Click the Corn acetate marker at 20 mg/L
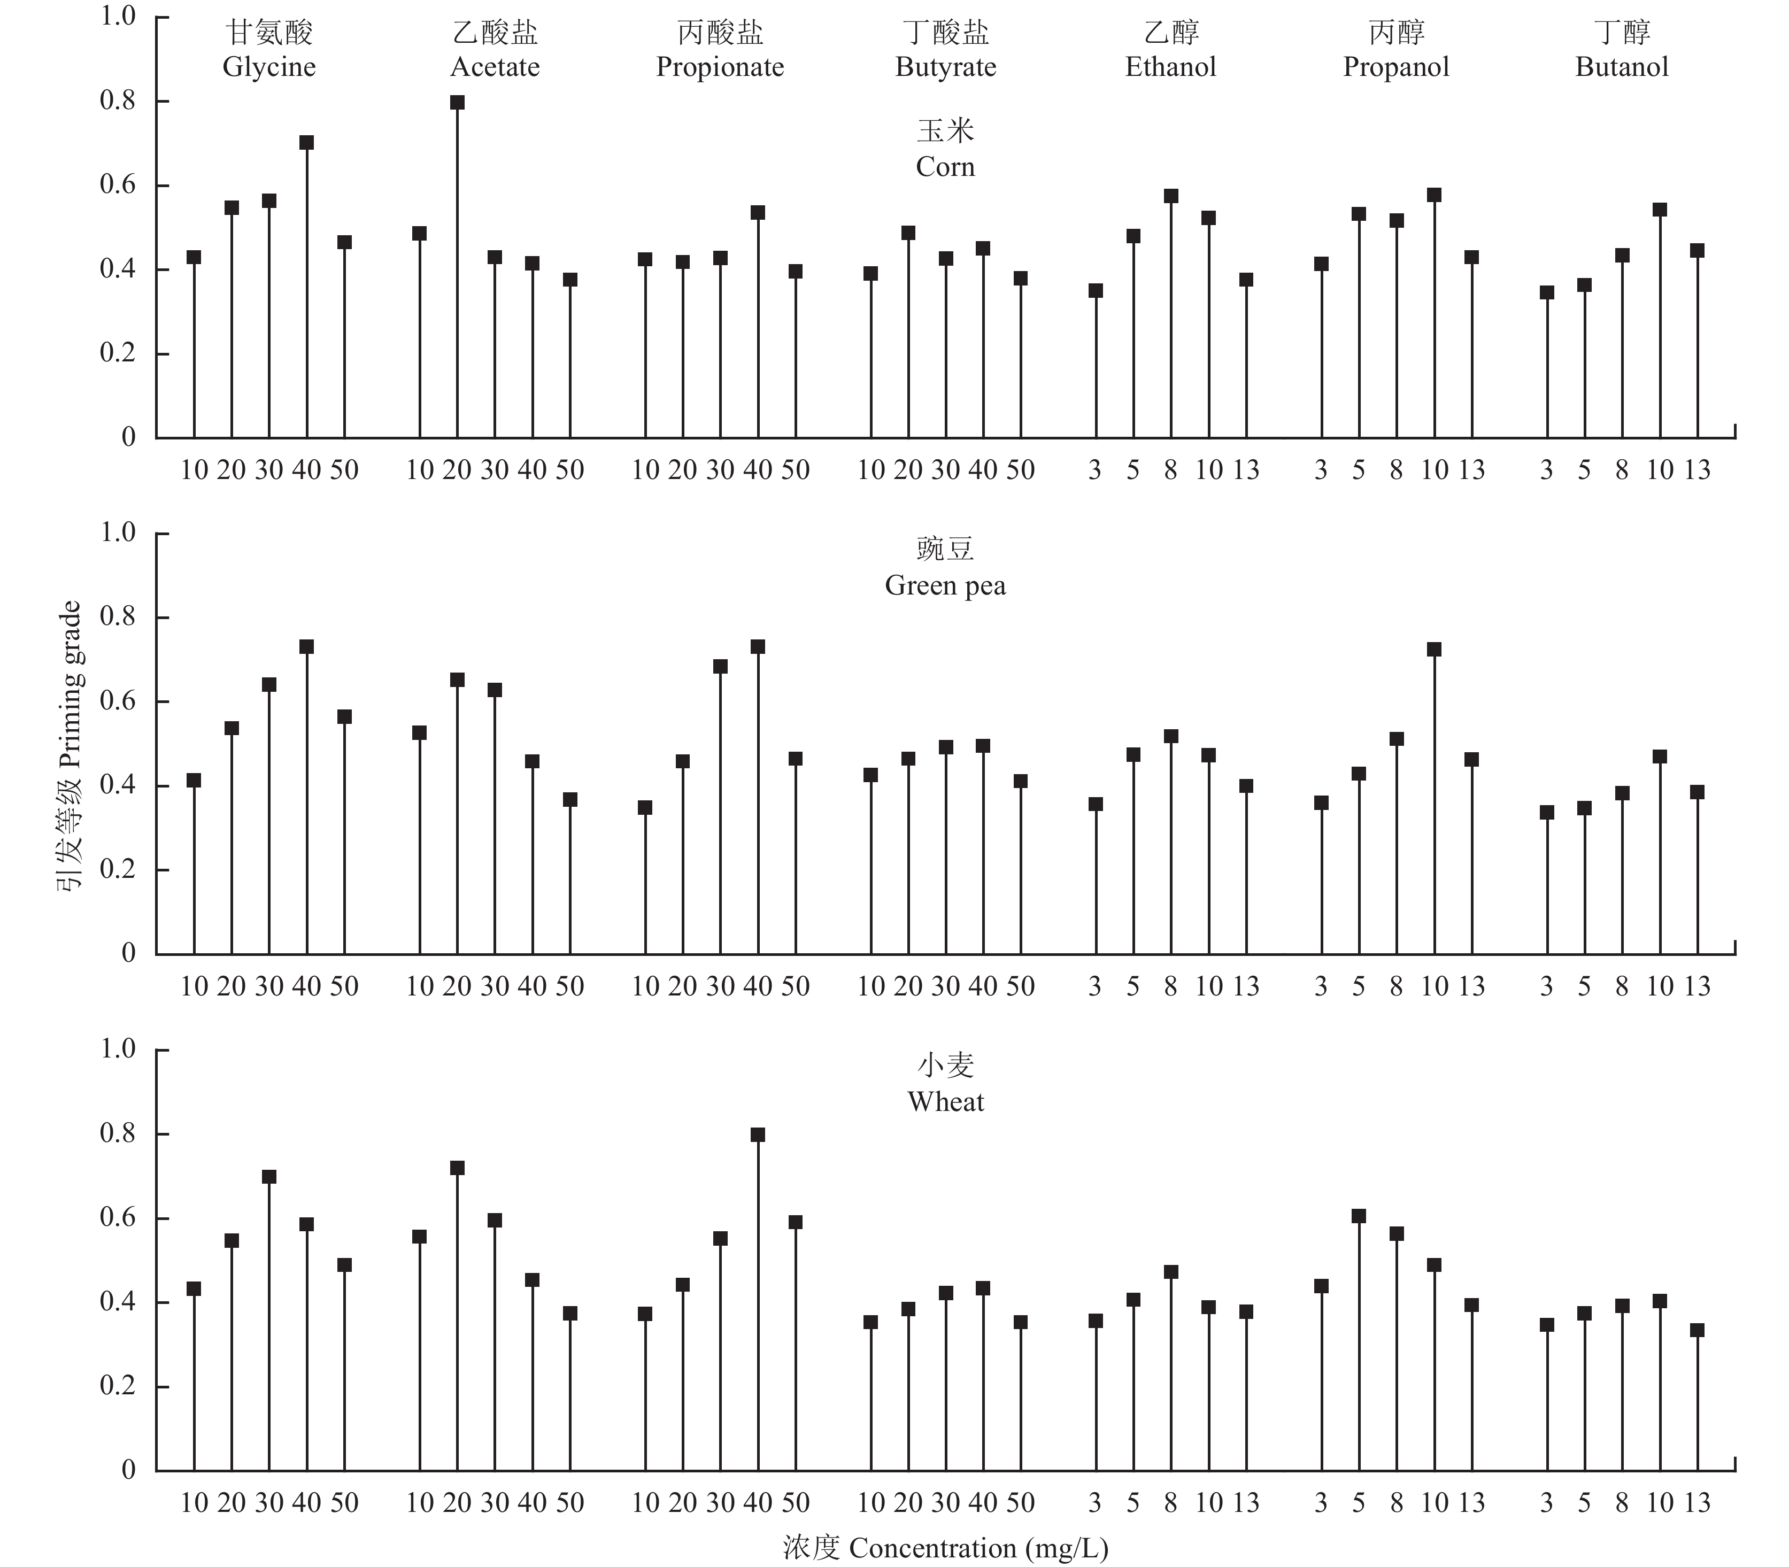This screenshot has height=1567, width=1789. pyautogui.click(x=457, y=102)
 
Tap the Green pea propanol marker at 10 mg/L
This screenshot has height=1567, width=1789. pyautogui.click(x=1434, y=650)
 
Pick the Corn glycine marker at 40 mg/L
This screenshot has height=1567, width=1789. pyautogui.click(x=307, y=143)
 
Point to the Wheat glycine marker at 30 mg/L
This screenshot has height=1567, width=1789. pyautogui.click(x=269, y=1177)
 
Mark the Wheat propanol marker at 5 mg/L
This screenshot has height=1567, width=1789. pyautogui.click(x=1359, y=1216)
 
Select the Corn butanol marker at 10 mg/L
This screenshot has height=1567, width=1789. pyautogui.click(x=1660, y=210)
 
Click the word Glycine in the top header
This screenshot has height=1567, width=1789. pyautogui.click(x=269, y=67)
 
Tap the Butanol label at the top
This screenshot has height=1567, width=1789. pyautogui.click(x=1622, y=67)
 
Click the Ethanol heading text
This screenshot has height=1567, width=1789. pyautogui.click(x=1171, y=67)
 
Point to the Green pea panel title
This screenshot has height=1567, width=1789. pyautogui.click(x=945, y=585)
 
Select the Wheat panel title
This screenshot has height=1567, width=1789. pyautogui.click(x=945, y=1102)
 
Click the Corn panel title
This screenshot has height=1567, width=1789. pyautogui.click(x=945, y=166)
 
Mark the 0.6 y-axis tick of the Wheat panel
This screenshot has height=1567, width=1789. pyautogui.click(x=118, y=1218)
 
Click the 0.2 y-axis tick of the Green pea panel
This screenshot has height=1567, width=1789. pyautogui.click(x=118, y=869)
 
